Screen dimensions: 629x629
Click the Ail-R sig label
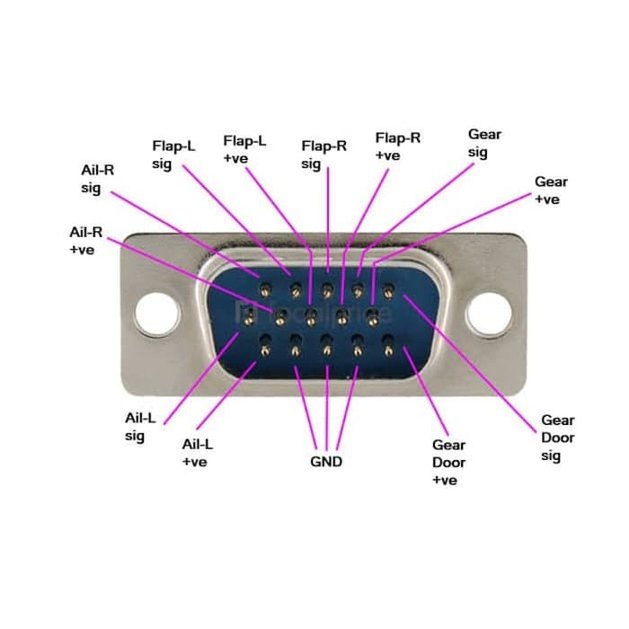97,178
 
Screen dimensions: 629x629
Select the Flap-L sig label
173,154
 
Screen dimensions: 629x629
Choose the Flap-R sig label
324,155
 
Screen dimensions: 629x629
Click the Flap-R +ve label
397,146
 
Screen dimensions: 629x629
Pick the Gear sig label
484,144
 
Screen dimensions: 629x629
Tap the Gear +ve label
551,190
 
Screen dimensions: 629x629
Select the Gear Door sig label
557,438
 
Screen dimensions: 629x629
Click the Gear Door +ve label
449,462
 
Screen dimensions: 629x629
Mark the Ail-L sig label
141,427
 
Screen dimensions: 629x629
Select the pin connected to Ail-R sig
266,290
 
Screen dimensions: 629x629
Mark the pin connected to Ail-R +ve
280,316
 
